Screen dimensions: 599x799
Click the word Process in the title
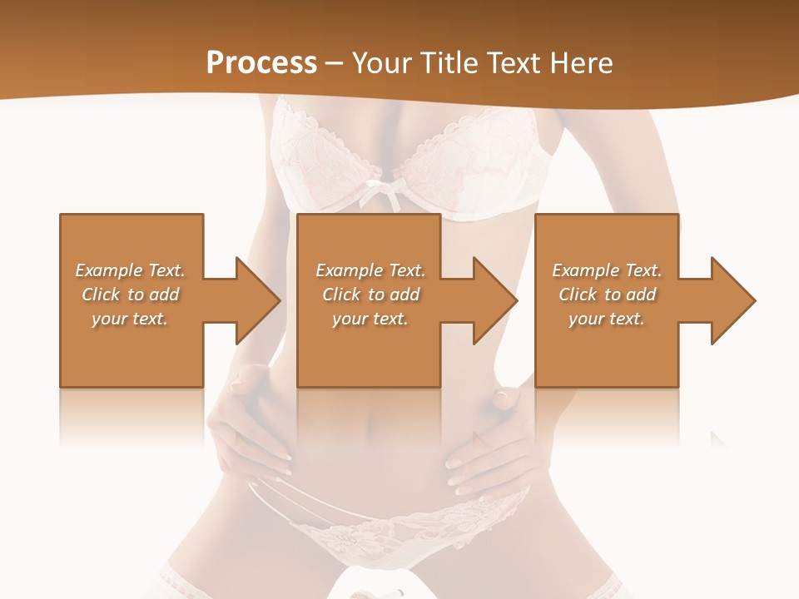click(261, 62)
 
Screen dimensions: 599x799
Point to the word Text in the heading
click(511, 62)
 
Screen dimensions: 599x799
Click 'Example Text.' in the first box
click(130, 270)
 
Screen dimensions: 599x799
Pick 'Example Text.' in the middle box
click(370, 270)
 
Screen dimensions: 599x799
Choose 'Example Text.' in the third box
click(607, 270)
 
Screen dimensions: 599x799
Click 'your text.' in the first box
click(130, 319)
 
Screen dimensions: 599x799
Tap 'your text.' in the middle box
click(370, 319)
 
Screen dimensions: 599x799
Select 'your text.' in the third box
click(607, 319)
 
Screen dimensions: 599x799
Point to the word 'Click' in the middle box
click(341, 295)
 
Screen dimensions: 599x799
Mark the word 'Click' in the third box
click(578, 295)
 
